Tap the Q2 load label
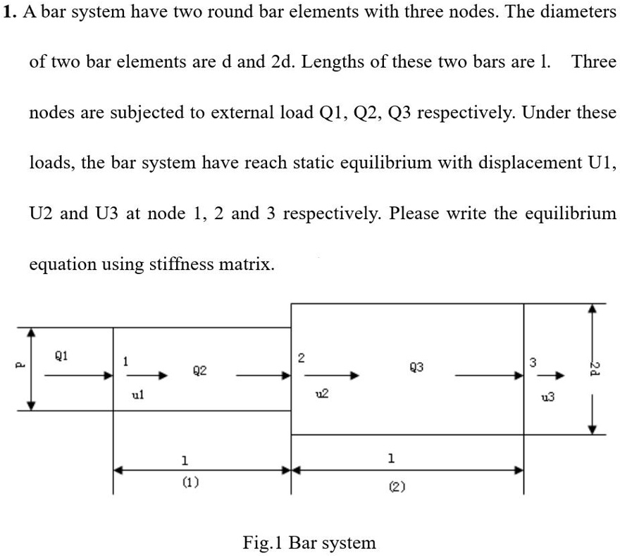[199, 370]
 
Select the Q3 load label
[416, 366]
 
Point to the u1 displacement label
[139, 397]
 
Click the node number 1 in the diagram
[124, 361]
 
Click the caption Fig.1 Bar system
[309, 543]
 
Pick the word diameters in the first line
[571, 13]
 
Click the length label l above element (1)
[185, 461]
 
